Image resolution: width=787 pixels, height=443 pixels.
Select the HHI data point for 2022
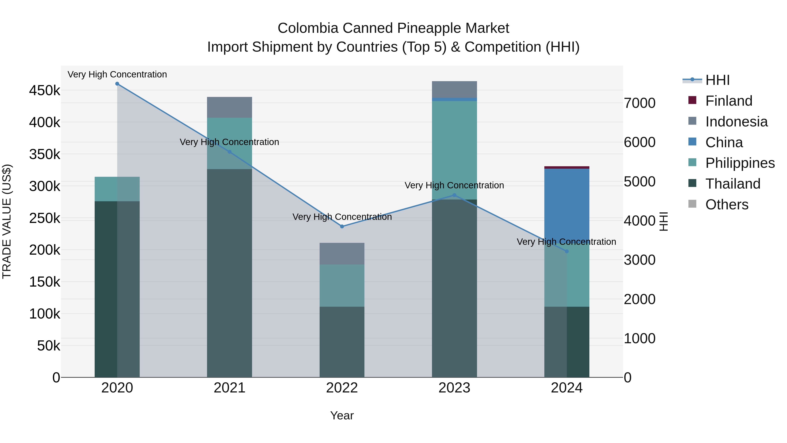click(342, 227)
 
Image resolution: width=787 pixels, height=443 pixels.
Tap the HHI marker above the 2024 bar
click(567, 251)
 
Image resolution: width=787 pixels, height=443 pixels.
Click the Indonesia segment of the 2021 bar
click(230, 107)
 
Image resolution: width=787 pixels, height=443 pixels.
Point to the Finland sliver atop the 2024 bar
click(567, 168)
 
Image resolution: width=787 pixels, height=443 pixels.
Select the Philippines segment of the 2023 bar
click(454, 150)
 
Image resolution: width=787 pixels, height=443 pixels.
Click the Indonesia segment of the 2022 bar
click(342, 254)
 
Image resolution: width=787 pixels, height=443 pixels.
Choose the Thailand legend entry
click(733, 184)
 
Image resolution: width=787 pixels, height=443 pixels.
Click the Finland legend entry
click(729, 101)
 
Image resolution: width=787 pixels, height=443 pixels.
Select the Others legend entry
click(726, 205)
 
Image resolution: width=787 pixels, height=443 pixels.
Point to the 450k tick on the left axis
click(45, 91)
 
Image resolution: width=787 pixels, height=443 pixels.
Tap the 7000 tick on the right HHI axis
click(639, 103)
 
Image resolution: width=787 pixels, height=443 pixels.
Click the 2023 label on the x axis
click(454, 388)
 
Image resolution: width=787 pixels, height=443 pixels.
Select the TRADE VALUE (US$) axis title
click(7, 221)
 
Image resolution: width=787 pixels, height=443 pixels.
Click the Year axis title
click(342, 415)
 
